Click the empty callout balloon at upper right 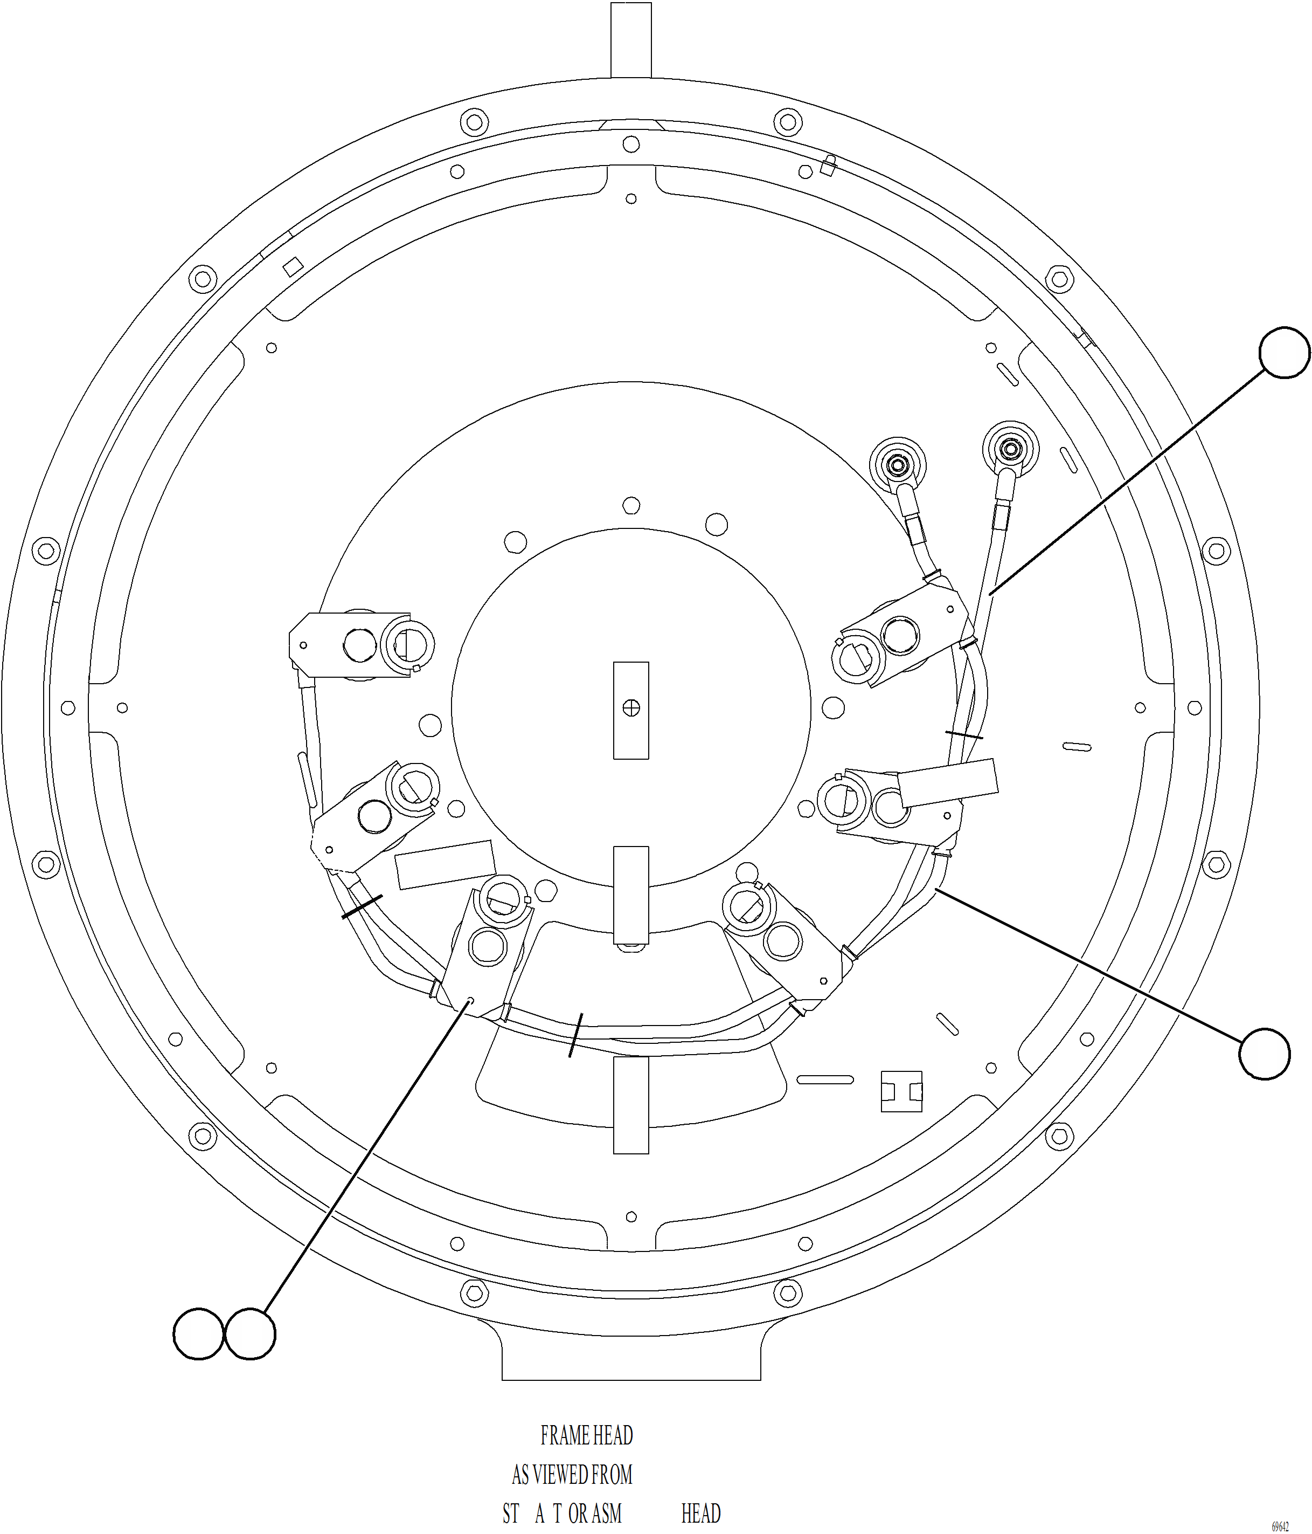(x=1285, y=353)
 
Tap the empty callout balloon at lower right (x=1264, y=1054)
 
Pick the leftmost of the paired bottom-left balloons (x=198, y=1333)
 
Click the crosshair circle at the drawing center (x=631, y=708)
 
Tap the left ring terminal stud (x=898, y=466)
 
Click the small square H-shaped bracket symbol (x=901, y=1091)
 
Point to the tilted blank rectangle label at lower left (x=445, y=865)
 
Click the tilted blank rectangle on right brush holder (x=948, y=782)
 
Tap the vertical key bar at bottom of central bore (x=631, y=895)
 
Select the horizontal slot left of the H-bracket (x=824, y=1079)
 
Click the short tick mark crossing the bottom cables (x=575, y=1035)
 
